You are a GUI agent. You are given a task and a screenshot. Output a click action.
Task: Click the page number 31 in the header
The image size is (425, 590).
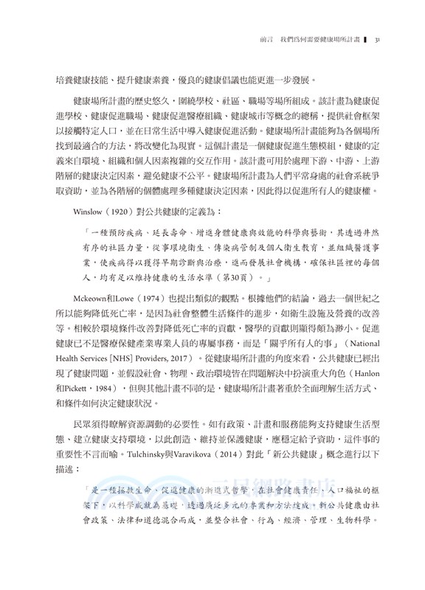pyautogui.click(x=377, y=40)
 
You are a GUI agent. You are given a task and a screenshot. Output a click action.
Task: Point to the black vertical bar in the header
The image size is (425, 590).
pyautogui.click(x=364, y=40)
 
